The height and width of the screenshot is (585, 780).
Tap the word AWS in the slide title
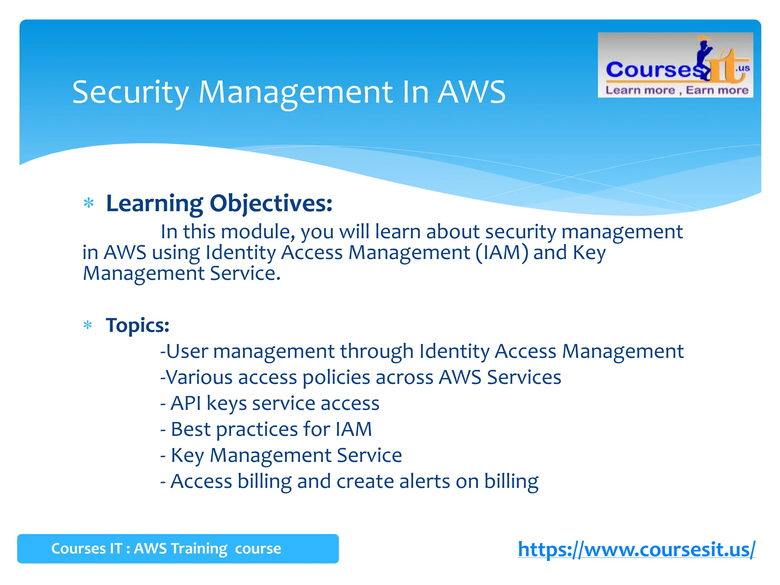point(472,92)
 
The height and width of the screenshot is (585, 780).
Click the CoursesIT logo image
point(675,65)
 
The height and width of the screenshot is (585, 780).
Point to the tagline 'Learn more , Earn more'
point(677,90)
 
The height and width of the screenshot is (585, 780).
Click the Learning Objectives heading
point(219,203)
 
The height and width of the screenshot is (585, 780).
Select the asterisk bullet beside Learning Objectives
point(89,203)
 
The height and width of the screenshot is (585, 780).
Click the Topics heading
point(137,325)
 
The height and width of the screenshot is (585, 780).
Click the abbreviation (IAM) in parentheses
point(502,253)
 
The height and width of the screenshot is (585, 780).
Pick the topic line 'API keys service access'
point(270,403)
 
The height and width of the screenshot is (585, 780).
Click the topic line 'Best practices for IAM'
point(266,429)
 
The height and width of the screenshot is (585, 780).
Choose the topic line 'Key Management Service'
point(281,455)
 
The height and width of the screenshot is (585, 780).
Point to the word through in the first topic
point(376,351)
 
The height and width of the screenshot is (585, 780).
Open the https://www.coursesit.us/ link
point(636,549)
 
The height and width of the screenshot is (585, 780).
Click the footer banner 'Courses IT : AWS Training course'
point(177,548)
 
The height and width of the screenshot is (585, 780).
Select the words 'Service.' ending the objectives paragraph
point(245,273)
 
